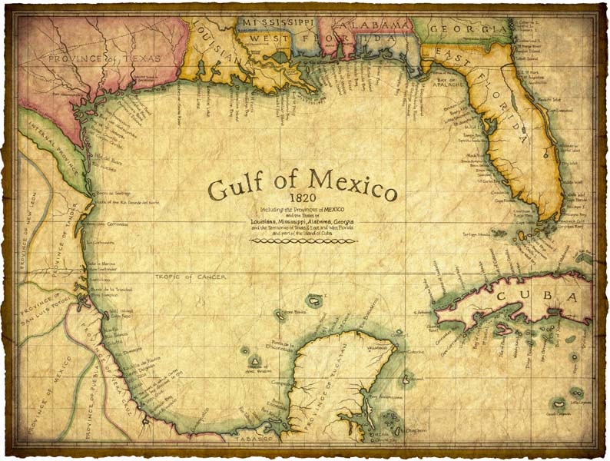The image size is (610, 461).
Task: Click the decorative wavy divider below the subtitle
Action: (303, 240)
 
